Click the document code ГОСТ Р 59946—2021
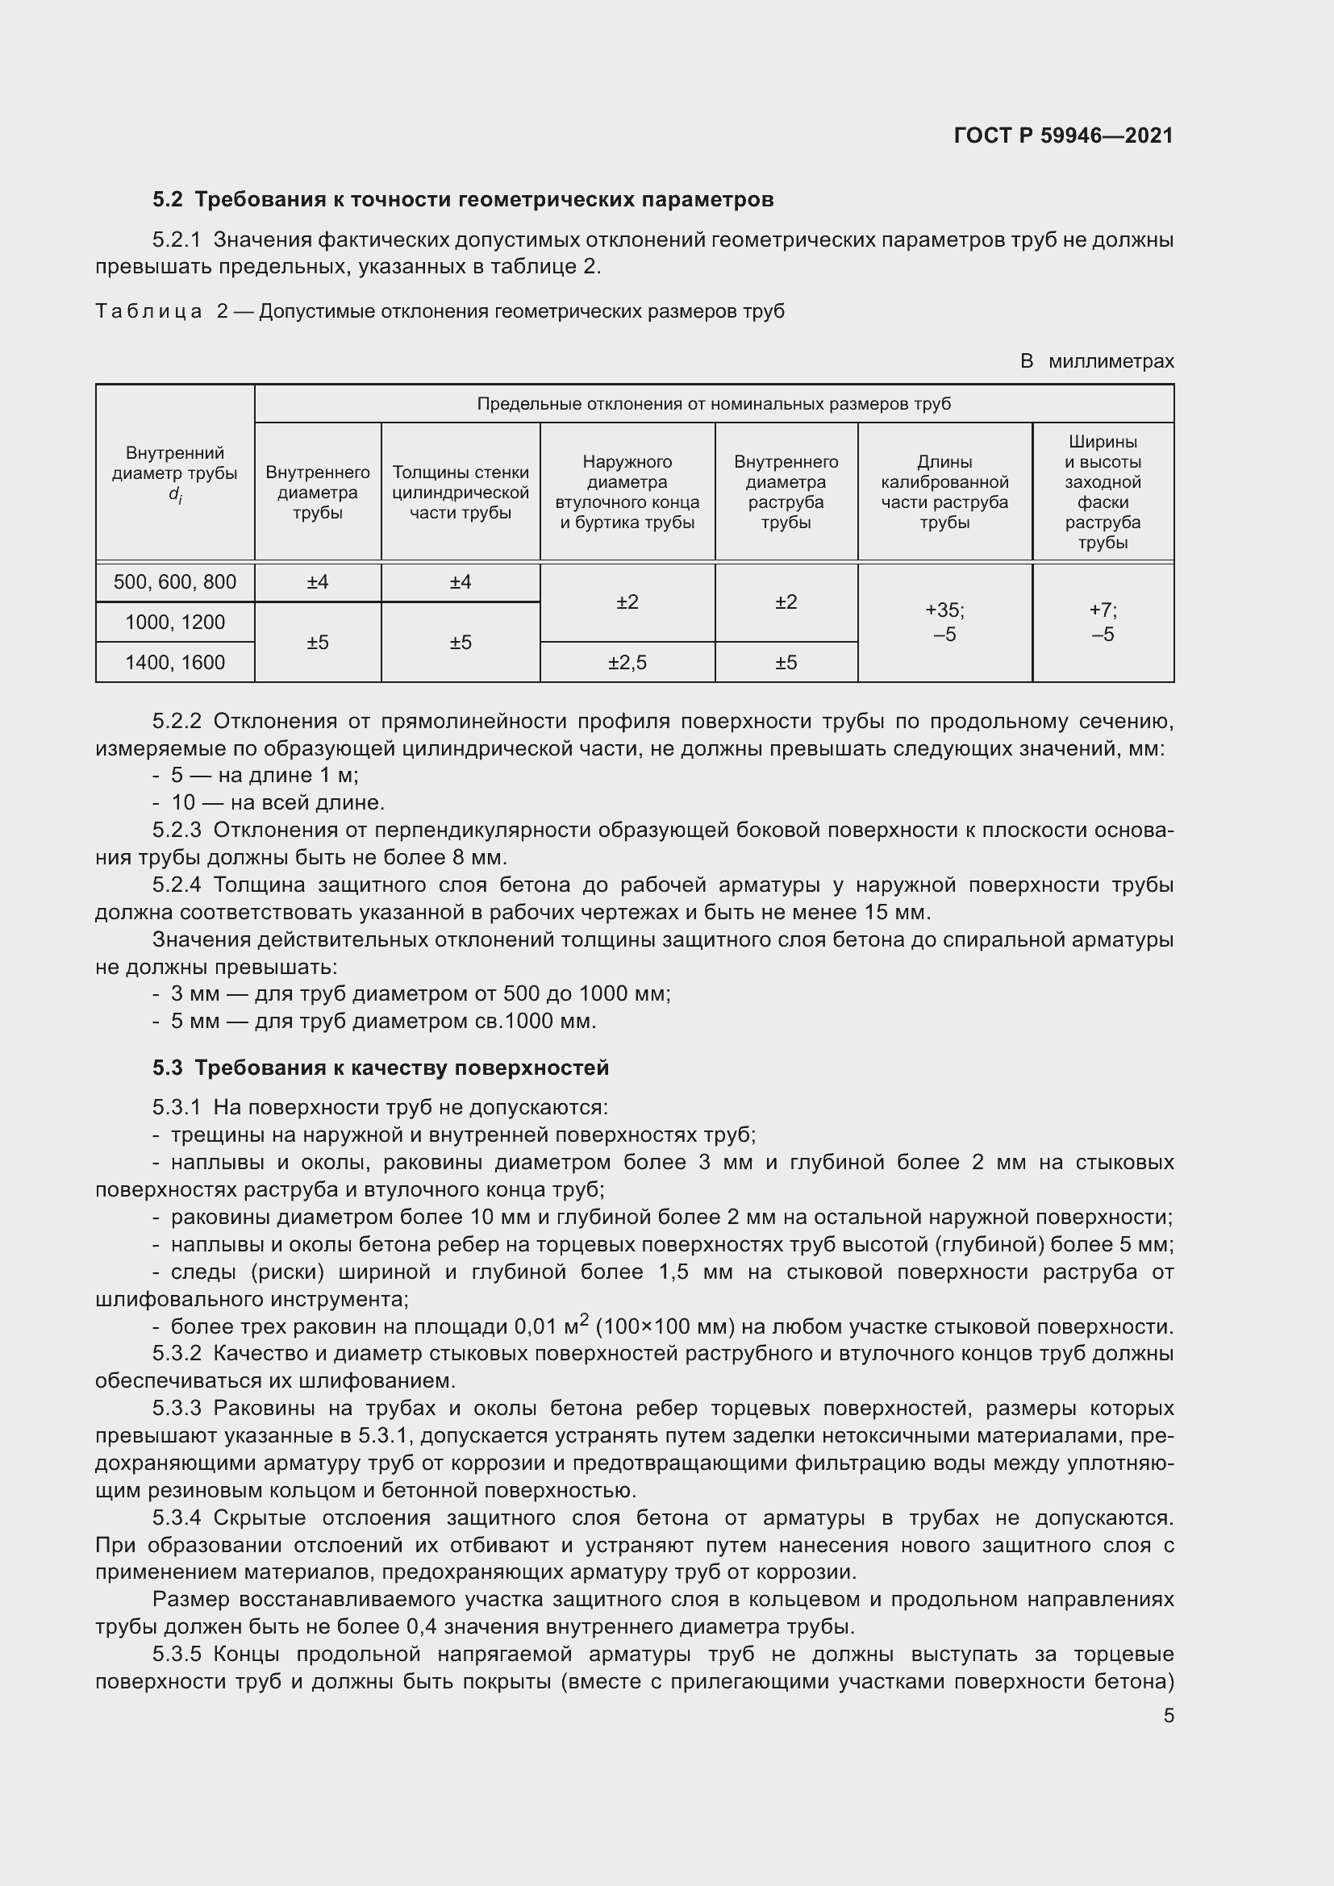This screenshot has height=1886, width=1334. [x=1063, y=135]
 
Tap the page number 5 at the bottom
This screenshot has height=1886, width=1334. [x=1168, y=1715]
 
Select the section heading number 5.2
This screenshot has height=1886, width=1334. [x=168, y=200]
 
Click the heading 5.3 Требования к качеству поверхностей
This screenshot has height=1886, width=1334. [x=381, y=1068]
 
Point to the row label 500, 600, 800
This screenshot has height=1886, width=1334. [x=175, y=582]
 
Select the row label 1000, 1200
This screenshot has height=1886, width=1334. [x=175, y=622]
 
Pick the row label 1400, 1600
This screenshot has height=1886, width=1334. [x=175, y=663]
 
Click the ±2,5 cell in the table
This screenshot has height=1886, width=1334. [x=627, y=663]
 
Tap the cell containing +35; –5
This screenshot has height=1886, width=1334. [x=944, y=622]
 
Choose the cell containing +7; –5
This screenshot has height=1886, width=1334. [x=1103, y=622]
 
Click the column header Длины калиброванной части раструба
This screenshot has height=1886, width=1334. [x=944, y=492]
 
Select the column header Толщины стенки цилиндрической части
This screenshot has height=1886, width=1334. [x=460, y=492]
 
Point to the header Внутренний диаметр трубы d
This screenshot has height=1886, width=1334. [x=175, y=474]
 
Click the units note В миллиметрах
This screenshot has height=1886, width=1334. [x=1097, y=361]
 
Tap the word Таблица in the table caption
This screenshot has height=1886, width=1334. [x=148, y=311]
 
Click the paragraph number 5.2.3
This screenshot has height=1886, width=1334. [x=177, y=831]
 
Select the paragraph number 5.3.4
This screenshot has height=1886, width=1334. [x=177, y=1518]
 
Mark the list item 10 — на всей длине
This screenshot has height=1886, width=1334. [x=277, y=802]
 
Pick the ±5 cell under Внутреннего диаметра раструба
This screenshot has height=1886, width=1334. [x=786, y=663]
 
